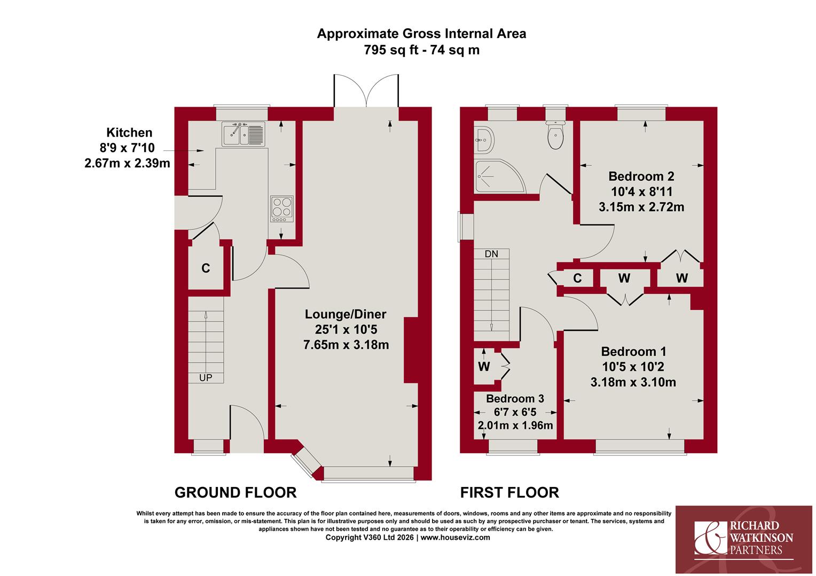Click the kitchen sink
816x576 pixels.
point(243,134)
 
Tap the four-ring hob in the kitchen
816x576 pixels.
point(282,209)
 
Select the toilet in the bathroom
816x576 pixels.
point(555,134)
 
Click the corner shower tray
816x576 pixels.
point(500,176)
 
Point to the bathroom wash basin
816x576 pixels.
point(484,140)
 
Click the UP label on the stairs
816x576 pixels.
point(206,378)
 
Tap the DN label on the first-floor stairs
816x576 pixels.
point(491,254)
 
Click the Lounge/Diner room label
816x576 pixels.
point(346,314)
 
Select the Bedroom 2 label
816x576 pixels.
point(641,177)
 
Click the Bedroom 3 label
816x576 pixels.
point(515,398)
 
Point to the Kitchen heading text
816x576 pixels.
point(129,132)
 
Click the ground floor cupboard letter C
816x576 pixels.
point(206,268)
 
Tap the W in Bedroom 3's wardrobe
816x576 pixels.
point(484,366)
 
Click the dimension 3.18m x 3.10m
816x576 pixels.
point(633,382)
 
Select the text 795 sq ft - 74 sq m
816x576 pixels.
point(421,50)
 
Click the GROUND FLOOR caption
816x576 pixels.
point(236,493)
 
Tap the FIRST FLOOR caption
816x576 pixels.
point(509,493)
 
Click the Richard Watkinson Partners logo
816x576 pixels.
point(743,540)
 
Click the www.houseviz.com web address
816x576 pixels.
point(456,538)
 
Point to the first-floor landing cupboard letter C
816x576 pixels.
point(577,278)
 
